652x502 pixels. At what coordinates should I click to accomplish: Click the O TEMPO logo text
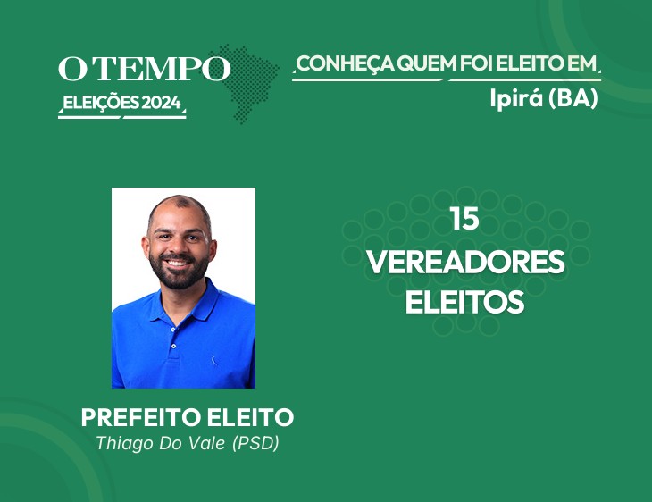click(145, 68)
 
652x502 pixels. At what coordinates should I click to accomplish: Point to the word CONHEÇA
click(345, 64)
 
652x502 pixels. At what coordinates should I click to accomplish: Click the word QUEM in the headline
click(427, 63)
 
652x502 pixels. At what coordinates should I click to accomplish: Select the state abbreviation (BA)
click(573, 98)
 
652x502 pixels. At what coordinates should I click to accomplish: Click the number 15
click(464, 219)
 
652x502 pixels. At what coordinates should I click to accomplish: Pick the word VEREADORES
click(465, 262)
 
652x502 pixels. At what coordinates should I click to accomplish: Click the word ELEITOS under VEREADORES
click(464, 302)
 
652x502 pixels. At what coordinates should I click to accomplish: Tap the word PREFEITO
click(141, 417)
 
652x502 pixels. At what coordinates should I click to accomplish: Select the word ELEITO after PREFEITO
click(251, 417)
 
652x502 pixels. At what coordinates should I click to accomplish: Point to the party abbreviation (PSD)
click(255, 443)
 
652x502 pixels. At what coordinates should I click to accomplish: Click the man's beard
click(180, 272)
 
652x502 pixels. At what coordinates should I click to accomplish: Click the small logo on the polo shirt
click(214, 361)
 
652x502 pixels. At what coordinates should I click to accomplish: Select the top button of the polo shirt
click(173, 330)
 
